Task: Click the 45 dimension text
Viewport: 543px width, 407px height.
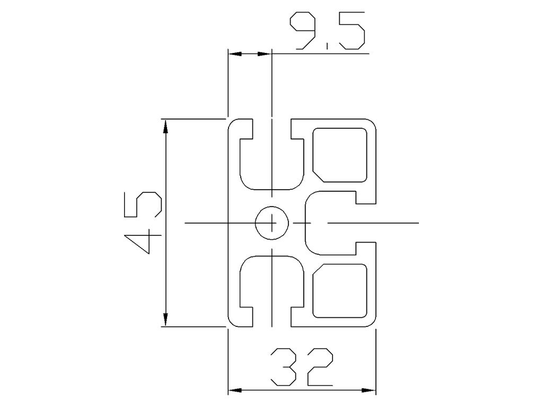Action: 143,223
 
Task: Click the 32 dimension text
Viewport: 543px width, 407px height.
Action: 301,366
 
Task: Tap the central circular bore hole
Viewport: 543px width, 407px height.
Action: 271,223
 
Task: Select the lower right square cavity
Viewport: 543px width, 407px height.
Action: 340,292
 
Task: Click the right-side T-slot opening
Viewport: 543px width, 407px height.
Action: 366,223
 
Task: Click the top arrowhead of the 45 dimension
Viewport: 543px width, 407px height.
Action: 165,126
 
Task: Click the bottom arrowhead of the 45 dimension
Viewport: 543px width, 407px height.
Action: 165,320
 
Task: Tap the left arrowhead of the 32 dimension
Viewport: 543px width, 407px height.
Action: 235,391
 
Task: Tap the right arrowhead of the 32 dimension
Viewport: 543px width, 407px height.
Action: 369,391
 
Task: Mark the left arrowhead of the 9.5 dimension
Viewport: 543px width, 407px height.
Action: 235,54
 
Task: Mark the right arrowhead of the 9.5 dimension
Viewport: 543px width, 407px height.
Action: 265,54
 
